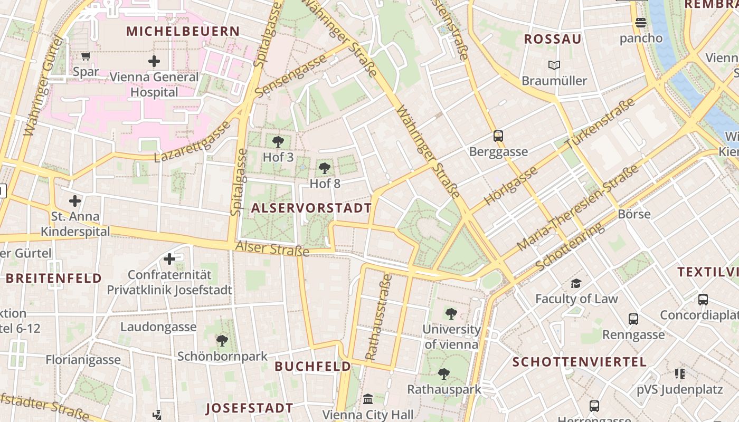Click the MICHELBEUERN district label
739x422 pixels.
coord(183,31)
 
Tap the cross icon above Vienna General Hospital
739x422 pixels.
coord(154,61)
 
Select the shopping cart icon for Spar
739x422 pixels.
coord(86,56)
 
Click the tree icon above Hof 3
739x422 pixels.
coord(278,141)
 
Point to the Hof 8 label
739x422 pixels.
coord(325,184)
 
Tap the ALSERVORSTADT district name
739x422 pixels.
coord(311,208)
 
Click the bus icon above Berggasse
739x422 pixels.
coord(498,136)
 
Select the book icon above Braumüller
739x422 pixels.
coord(554,65)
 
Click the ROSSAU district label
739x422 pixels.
coord(553,39)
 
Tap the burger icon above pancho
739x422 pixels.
coord(641,23)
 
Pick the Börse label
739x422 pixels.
coord(634,214)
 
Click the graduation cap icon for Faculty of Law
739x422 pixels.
coord(576,284)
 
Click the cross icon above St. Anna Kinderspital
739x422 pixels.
coord(75,200)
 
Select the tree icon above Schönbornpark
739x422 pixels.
coord(222,341)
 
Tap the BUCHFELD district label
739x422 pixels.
coord(312,366)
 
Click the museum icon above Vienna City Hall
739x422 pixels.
coord(368,399)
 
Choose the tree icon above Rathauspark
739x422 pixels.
coord(444,374)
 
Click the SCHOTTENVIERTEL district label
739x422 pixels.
coord(579,362)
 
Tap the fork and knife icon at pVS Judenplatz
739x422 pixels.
coord(679,374)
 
